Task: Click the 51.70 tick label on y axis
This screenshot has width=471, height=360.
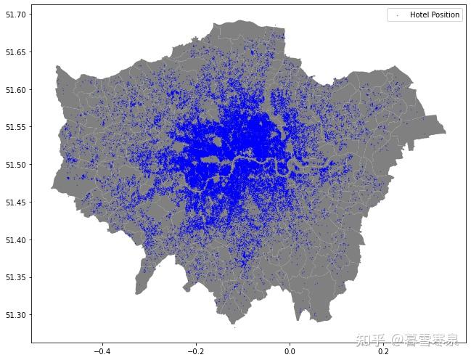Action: click(x=16, y=15)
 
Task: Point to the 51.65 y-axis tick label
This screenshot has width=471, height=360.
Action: click(x=16, y=52)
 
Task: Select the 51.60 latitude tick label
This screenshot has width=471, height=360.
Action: click(x=16, y=90)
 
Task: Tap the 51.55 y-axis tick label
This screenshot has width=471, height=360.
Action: click(x=16, y=127)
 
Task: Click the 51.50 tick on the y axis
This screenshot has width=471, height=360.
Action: click(x=16, y=165)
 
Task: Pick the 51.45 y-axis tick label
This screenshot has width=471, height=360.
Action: click(x=16, y=202)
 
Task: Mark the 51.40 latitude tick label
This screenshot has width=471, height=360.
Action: click(x=16, y=240)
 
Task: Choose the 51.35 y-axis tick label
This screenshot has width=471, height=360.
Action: click(x=16, y=277)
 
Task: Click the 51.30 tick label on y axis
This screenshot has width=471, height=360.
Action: click(x=16, y=315)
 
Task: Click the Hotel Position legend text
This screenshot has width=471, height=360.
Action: click(x=435, y=15)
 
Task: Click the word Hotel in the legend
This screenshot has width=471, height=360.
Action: click(x=419, y=15)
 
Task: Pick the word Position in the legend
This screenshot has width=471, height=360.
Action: click(x=445, y=15)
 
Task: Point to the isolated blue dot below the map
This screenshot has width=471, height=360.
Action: click(x=234, y=327)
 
